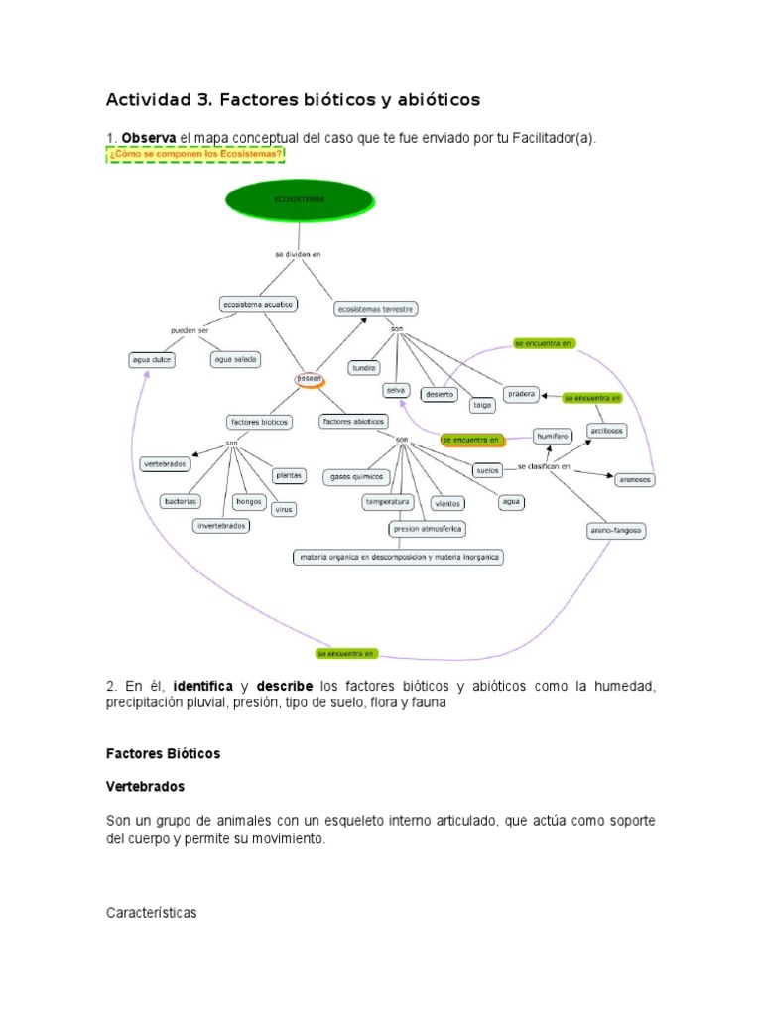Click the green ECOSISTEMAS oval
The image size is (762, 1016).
303,200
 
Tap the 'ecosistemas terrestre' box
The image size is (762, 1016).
376,309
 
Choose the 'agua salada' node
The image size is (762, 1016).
235,359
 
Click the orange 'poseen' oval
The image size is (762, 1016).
312,379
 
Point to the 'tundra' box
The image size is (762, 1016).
364,368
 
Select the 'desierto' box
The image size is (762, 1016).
439,394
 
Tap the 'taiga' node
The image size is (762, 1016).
482,404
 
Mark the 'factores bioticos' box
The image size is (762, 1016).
259,422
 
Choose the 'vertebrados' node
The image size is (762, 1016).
165,463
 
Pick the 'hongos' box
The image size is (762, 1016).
248,501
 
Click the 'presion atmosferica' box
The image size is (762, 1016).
429,529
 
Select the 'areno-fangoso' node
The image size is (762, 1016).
615,531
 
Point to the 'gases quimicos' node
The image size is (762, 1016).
354,477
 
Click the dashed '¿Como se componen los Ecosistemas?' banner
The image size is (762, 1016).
195,155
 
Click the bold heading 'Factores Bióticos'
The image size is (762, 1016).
163,754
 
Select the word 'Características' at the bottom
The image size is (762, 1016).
152,912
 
